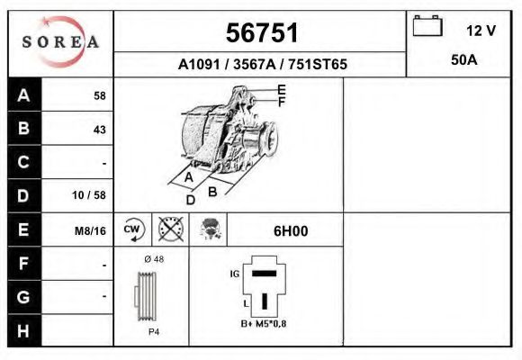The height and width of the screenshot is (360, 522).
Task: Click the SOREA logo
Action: point(60,42)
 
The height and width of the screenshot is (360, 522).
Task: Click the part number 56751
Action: point(261,33)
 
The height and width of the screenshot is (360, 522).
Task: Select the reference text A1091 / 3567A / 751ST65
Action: point(262,65)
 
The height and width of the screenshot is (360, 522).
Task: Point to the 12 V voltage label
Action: point(481,31)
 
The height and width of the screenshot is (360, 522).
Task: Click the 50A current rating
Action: point(463,62)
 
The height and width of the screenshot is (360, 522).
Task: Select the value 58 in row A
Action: point(99,95)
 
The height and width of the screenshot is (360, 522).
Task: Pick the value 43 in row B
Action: point(99,129)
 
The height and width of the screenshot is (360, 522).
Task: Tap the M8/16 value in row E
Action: point(91,230)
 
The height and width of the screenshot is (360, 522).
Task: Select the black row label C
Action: point(23,163)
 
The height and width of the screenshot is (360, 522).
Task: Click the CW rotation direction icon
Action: point(133,229)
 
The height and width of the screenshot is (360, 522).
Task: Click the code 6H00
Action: point(290,230)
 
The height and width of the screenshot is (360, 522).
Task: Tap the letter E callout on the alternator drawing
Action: point(281,89)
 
